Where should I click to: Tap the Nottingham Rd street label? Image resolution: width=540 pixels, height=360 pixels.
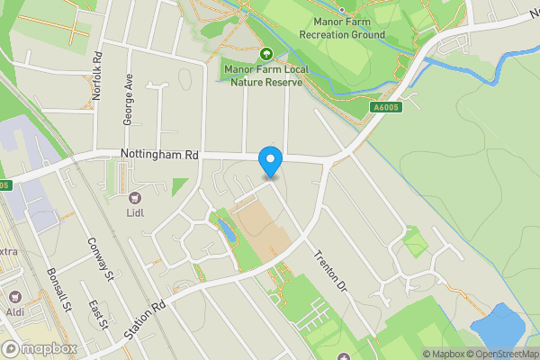[x=159, y=155]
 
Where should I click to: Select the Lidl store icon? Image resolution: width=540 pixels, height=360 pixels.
[x=135, y=198]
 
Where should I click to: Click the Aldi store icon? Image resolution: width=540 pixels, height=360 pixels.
[x=14, y=295]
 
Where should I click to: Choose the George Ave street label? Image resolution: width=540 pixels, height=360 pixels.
[x=129, y=99]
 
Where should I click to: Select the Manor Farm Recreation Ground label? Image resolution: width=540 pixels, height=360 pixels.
[x=349, y=28]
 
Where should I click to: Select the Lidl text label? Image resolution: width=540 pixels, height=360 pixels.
[x=135, y=213]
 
